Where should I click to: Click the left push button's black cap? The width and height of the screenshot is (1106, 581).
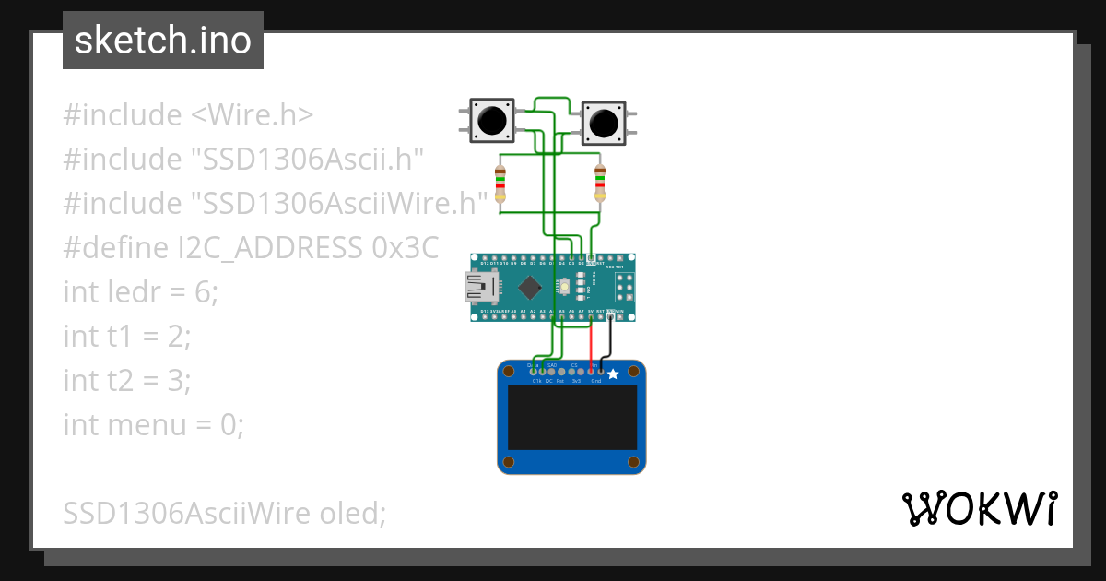pyautogui.click(x=491, y=121)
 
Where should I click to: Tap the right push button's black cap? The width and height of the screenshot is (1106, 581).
pyautogui.click(x=604, y=123)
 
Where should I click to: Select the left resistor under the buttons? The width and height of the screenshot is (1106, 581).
pyautogui.click(x=500, y=184)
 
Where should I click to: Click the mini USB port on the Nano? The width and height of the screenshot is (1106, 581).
pyautogui.click(x=479, y=289)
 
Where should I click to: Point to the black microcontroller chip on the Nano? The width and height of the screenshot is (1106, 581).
pyautogui.click(x=529, y=288)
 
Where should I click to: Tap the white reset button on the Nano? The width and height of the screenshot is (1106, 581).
pyautogui.click(x=563, y=288)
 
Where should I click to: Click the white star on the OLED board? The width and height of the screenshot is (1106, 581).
pyautogui.click(x=613, y=374)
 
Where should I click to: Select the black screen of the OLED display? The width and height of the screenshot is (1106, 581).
pyautogui.click(x=572, y=418)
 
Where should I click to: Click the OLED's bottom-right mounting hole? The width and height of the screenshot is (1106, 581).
pyautogui.click(x=634, y=461)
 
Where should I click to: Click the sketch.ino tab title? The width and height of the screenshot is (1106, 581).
pyautogui.click(x=163, y=41)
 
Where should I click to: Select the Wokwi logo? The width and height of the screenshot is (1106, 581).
pyautogui.click(x=979, y=508)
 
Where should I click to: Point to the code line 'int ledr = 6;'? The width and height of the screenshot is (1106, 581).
pyautogui.click(x=141, y=292)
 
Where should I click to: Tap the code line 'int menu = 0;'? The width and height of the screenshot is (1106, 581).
pyautogui.click(x=153, y=425)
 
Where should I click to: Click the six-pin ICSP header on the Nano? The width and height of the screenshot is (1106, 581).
pyautogui.click(x=623, y=287)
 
